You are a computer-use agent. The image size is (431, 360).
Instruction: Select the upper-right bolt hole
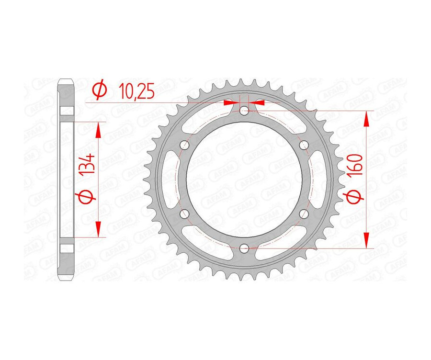tap(303, 145)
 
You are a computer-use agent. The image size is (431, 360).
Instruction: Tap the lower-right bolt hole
tap(303, 214)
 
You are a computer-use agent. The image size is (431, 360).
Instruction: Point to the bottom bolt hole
tap(244, 248)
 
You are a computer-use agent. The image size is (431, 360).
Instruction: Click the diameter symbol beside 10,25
tap(100, 90)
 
